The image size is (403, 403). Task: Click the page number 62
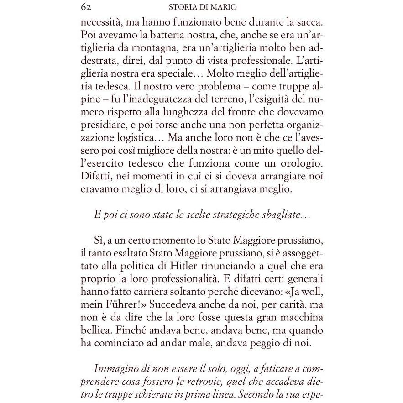(86, 7)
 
